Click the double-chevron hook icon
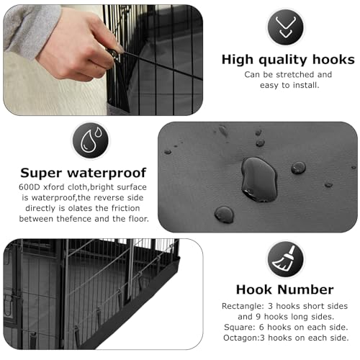[x=285, y=27]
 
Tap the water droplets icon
[x=91, y=140]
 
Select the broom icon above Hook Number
[x=285, y=259]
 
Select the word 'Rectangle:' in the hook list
[x=243, y=306]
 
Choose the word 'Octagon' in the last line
[x=240, y=338]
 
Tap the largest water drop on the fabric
[x=259, y=179]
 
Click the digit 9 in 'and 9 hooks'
[x=258, y=317]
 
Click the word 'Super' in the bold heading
[x=41, y=174]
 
